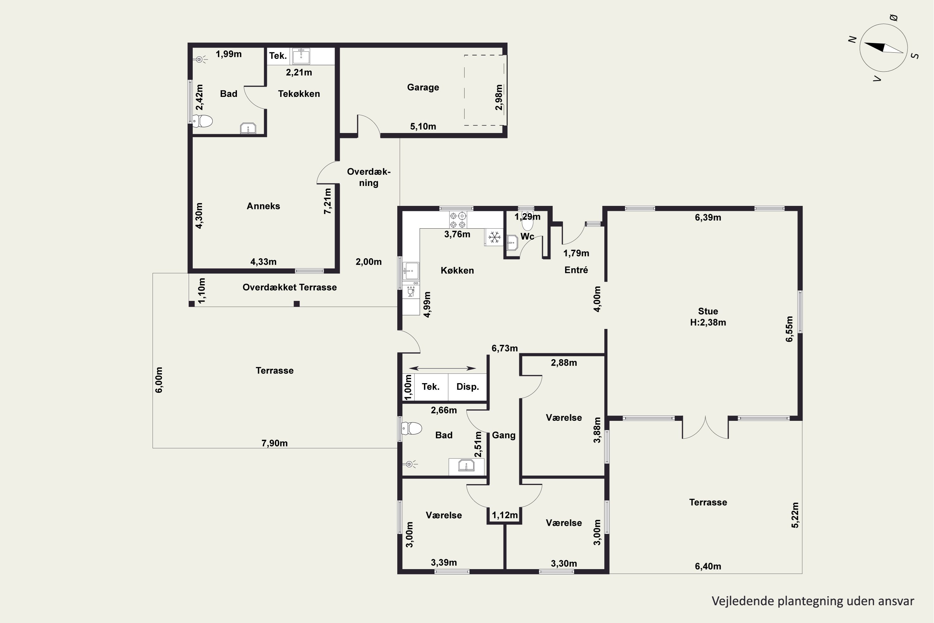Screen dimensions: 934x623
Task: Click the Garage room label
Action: pyautogui.click(x=423, y=88)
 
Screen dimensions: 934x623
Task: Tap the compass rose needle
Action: pyautogui.click(x=883, y=48)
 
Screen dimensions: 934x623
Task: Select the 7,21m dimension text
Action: pyautogui.click(x=328, y=201)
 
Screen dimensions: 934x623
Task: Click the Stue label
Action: pyautogui.click(x=708, y=311)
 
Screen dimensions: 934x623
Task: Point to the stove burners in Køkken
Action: pyautogui.click(x=458, y=220)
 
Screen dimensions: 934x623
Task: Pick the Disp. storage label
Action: pyautogui.click(x=467, y=387)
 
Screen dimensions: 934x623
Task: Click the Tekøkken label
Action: pyautogui.click(x=299, y=94)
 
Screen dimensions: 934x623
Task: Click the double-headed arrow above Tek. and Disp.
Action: pyautogui.click(x=442, y=368)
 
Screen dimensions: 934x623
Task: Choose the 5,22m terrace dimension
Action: pyautogui.click(x=795, y=515)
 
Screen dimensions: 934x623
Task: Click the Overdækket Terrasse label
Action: pyautogui.click(x=290, y=287)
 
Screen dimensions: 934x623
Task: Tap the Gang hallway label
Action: pyautogui.click(x=503, y=435)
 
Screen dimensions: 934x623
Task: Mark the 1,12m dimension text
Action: pyautogui.click(x=505, y=515)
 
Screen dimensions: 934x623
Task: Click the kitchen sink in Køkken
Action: pyautogui.click(x=411, y=271)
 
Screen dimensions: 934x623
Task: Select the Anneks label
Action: pyautogui.click(x=263, y=206)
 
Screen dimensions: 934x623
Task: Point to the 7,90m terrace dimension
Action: pyautogui.click(x=274, y=443)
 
